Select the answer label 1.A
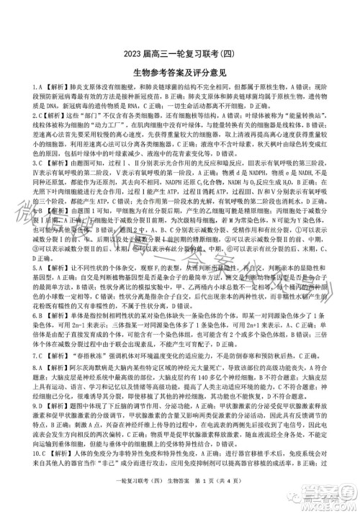(x=17, y=87)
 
